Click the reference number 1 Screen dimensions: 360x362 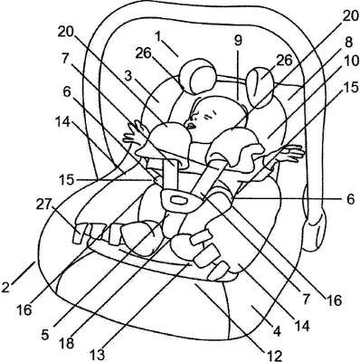click(159, 37)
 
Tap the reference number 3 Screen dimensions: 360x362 click(128, 76)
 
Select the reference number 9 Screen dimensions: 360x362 click(238, 41)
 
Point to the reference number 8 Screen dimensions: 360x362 click(348, 42)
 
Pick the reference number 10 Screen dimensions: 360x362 click(351, 62)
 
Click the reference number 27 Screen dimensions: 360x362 click(45, 205)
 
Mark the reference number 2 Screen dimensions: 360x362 click(6, 287)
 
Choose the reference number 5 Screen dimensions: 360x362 click(45, 335)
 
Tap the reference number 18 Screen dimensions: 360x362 click(65, 342)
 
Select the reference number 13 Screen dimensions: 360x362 click(99, 355)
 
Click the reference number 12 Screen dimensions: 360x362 click(273, 355)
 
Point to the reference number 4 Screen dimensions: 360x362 click(277, 330)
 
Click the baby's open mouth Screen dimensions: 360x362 click(191, 125)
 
